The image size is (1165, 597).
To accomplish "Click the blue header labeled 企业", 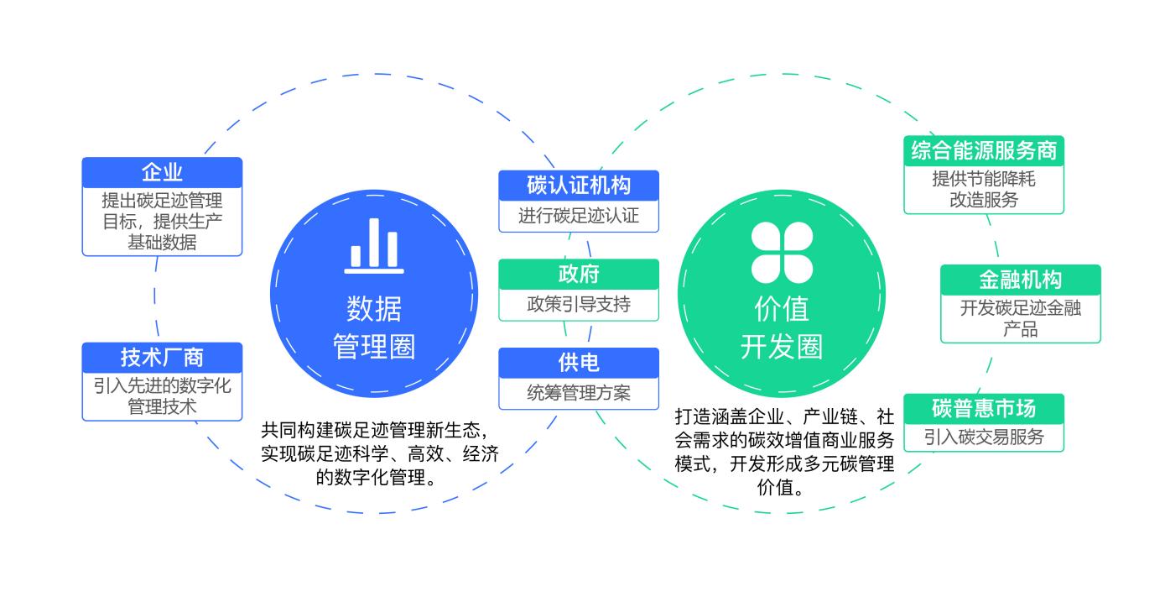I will coord(162,173).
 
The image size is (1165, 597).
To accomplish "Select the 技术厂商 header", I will coord(162,357).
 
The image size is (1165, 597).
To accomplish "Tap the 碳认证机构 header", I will coord(579,185).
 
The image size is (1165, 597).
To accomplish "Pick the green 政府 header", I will coord(579,274).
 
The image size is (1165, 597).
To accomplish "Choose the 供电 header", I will coord(579,362).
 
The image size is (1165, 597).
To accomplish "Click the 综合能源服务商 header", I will coord(984,151).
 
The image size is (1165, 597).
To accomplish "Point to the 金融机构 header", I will coord(1020,280).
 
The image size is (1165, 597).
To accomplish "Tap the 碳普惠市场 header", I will coord(984,408).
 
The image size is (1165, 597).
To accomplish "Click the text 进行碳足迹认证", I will coord(579,216).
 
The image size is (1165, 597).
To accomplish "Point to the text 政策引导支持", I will coord(579,304).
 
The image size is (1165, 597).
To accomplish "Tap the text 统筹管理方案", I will coord(579,392).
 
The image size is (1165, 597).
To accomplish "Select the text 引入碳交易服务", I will coord(984,437).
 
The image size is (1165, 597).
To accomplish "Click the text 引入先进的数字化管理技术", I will coord(162,396).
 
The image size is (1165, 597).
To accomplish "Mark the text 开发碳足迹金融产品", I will coord(1020,318).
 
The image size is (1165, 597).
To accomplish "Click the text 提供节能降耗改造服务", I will coord(984,190).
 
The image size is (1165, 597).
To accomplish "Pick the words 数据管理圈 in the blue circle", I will coord(374,328).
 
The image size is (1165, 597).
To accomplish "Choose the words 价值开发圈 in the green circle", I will coord(782,328).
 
